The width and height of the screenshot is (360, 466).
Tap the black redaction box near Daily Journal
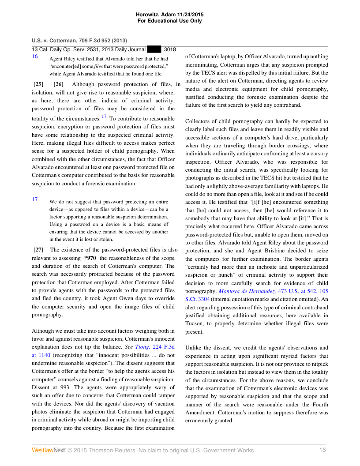click(x=154, y=49)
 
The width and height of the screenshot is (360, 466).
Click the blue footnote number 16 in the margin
click(x=35, y=56)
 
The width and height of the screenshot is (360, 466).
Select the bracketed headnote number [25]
click(x=38, y=84)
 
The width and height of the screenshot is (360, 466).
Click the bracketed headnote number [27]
click(x=38, y=250)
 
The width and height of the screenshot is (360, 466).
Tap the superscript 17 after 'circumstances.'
click(x=104, y=117)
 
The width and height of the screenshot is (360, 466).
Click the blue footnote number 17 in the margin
click(x=35, y=199)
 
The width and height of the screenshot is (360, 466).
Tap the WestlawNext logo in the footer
click(x=48, y=450)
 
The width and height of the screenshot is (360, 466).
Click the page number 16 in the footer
click(x=322, y=450)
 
